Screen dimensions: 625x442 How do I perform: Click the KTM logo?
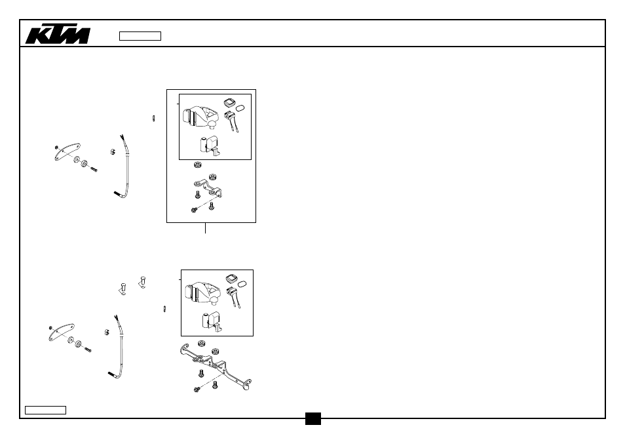pos(58,34)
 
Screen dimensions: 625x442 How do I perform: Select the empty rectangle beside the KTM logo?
pos(140,36)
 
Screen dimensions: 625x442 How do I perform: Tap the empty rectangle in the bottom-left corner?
pos(45,410)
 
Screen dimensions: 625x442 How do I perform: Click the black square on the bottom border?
pos(313,418)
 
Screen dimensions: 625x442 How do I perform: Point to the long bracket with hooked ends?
pos(216,365)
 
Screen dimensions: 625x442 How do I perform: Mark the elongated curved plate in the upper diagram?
pos(67,152)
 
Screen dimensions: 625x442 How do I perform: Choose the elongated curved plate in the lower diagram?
pos(62,332)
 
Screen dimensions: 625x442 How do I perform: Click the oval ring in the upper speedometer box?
pos(240,108)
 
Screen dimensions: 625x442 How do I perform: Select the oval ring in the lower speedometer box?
pos(242,284)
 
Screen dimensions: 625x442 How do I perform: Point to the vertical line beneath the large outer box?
pos(205,228)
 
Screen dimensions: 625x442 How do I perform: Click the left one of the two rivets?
pos(123,289)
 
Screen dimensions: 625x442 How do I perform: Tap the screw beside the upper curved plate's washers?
pos(94,169)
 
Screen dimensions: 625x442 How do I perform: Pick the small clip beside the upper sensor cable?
pos(113,151)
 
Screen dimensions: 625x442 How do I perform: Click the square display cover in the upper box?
pos(229,102)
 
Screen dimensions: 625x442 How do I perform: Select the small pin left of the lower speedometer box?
pos(164,309)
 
